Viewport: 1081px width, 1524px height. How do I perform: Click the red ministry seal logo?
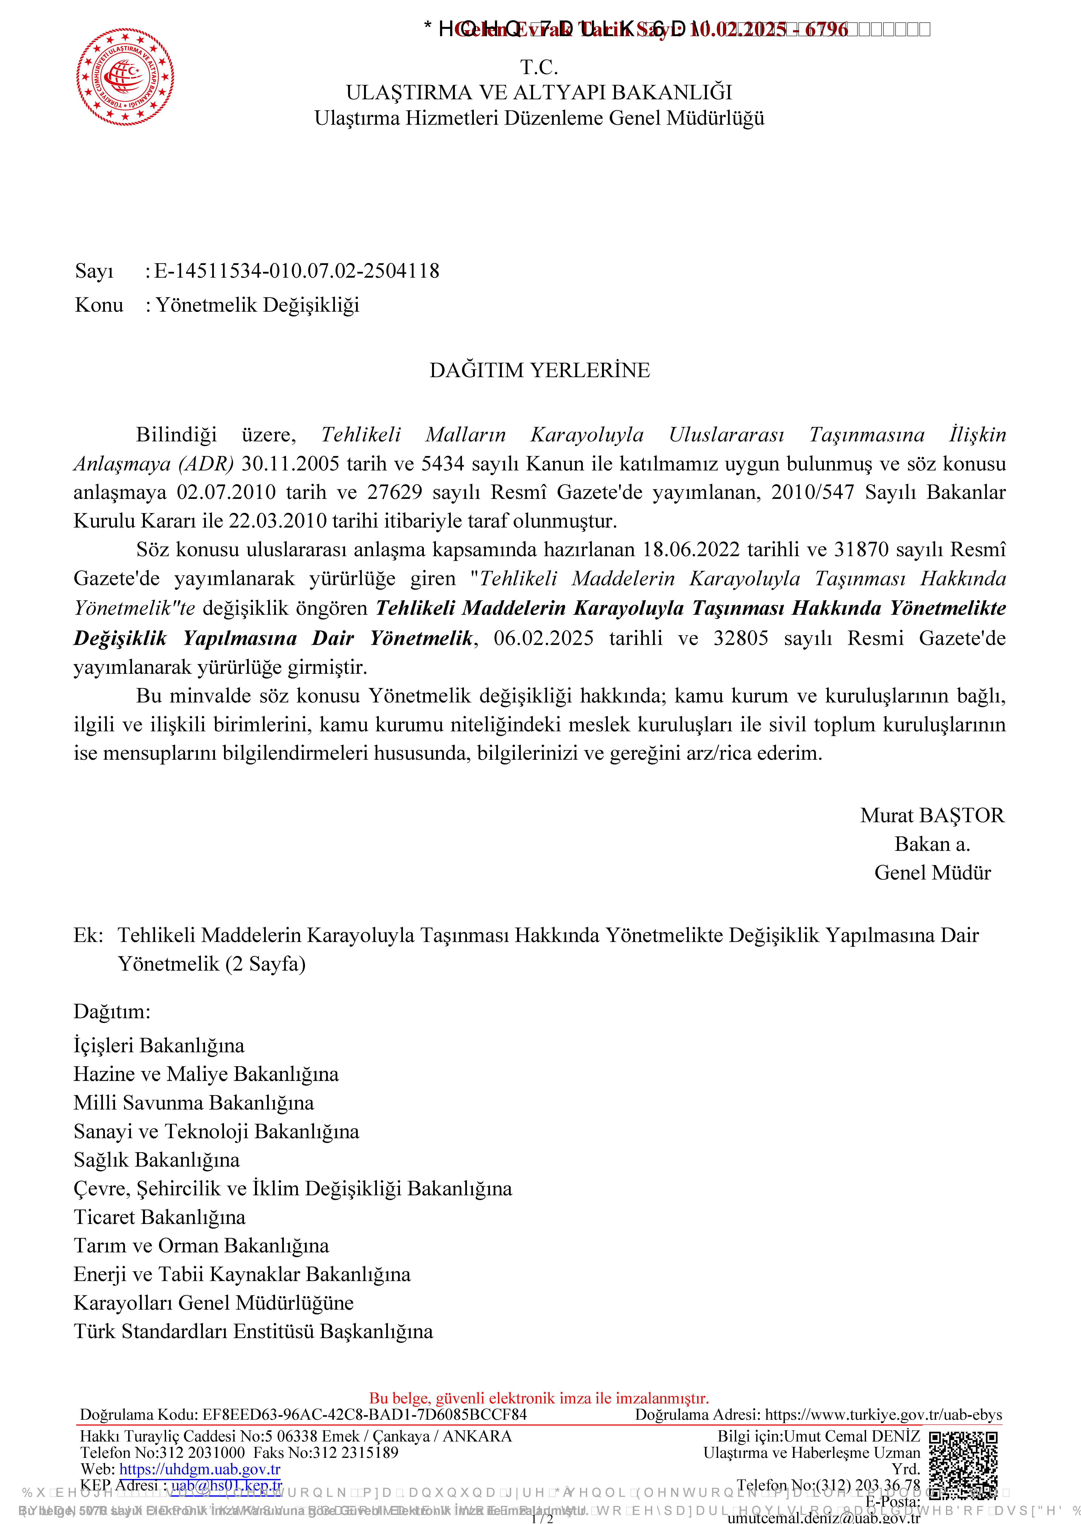click(125, 77)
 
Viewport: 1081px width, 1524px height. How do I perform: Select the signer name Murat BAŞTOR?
click(932, 816)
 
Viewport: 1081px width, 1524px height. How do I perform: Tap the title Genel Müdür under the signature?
click(932, 873)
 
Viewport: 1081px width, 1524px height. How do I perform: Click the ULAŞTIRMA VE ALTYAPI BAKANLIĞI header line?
click(539, 93)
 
